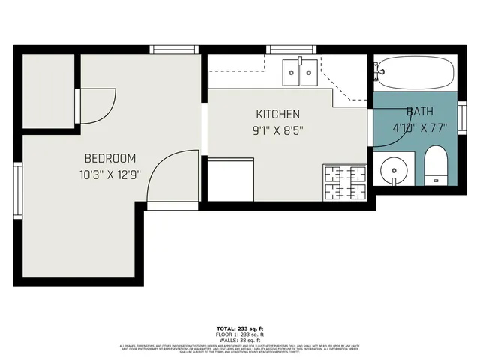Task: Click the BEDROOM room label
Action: [109, 158]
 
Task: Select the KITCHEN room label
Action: [277, 115]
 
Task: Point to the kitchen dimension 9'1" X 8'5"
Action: [277, 129]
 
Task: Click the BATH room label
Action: [420, 112]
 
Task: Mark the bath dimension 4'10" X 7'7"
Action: [420, 127]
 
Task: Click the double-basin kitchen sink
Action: [300, 73]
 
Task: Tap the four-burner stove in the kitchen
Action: [344, 182]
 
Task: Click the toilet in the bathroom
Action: [435, 166]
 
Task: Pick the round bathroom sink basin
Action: [393, 170]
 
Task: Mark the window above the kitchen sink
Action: [292, 49]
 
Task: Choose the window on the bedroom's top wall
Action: [174, 49]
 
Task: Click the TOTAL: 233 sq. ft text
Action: [239, 328]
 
